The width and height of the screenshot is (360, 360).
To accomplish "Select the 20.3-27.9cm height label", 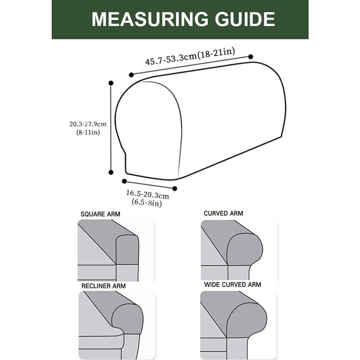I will pos(88,124).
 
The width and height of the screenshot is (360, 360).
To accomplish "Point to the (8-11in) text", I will pos(88,132).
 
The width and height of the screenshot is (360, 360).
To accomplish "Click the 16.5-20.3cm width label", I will pos(147,195).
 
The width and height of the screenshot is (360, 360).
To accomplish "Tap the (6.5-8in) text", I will pos(146,203).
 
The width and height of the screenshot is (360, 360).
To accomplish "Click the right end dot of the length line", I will pos(250,57).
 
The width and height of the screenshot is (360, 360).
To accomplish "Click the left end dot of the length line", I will pos(131,75).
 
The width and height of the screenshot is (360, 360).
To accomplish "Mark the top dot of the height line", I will pos(111,83).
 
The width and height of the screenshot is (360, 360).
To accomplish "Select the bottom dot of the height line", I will pos(111,172).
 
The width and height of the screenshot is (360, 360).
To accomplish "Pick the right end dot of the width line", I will pos(175,189).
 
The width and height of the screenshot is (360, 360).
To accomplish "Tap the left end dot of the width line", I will pos(124,181).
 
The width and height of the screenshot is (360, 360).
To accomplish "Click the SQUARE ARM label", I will pos(100,214).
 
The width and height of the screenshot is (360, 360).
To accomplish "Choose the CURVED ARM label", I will pos(223,214).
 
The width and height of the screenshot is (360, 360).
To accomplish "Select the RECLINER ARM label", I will pos(103,286).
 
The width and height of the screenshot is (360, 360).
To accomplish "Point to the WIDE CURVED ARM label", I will pos(233,285).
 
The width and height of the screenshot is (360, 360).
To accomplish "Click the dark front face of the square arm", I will pos(127,250).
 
